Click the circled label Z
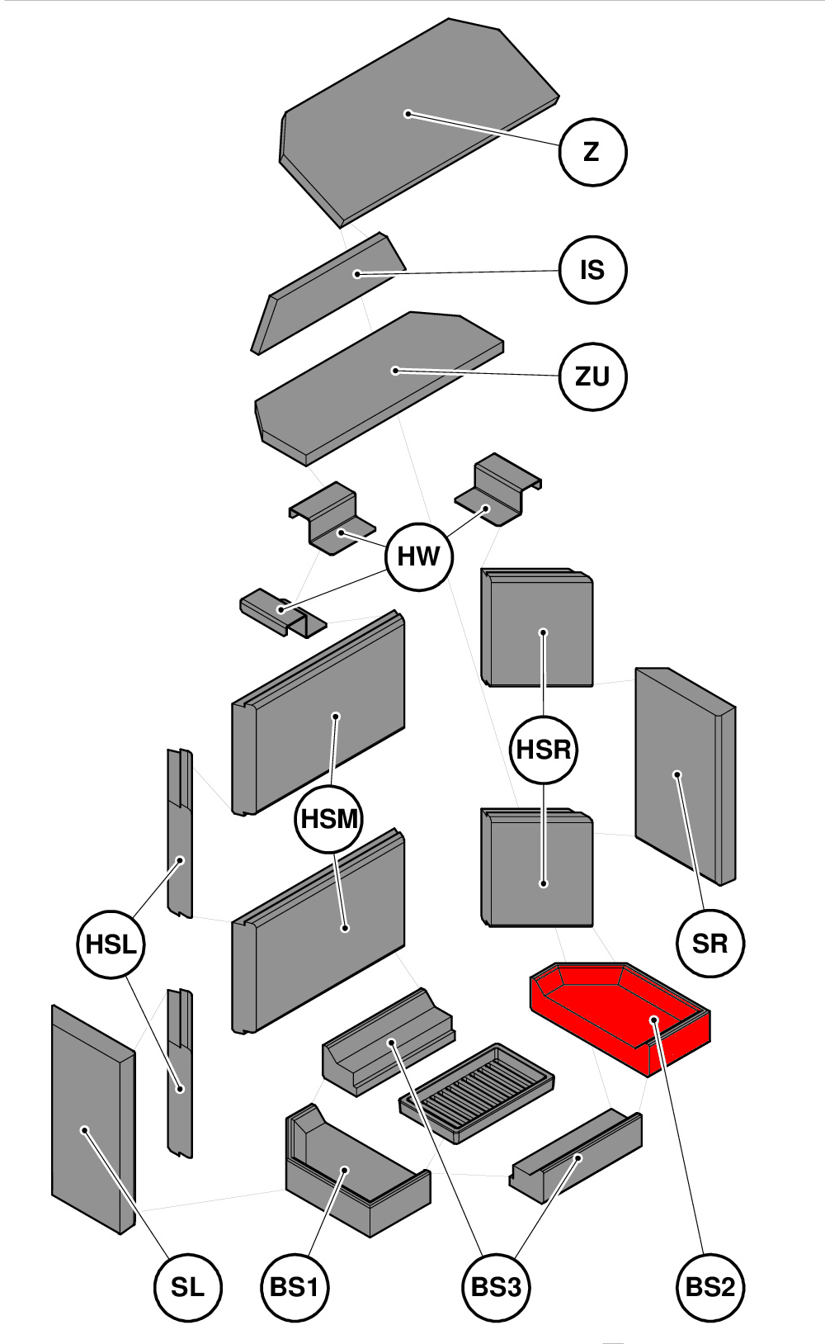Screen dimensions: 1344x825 [x=592, y=152]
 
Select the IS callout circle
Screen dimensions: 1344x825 [x=592, y=270]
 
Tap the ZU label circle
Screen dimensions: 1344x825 [x=592, y=376]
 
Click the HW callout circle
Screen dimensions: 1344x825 [x=419, y=556]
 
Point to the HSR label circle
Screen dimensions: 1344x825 [x=544, y=750]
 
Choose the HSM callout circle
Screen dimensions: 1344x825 [x=329, y=819]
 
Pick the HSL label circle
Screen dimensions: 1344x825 [x=111, y=944]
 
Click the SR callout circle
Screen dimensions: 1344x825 [x=709, y=943]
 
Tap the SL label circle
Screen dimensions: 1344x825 [x=188, y=1287]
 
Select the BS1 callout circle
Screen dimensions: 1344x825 [x=295, y=1287]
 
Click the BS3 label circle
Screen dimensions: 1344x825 [x=496, y=1287]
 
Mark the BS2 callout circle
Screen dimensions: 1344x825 [x=709, y=1287]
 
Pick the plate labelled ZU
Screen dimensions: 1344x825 [x=379, y=380]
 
